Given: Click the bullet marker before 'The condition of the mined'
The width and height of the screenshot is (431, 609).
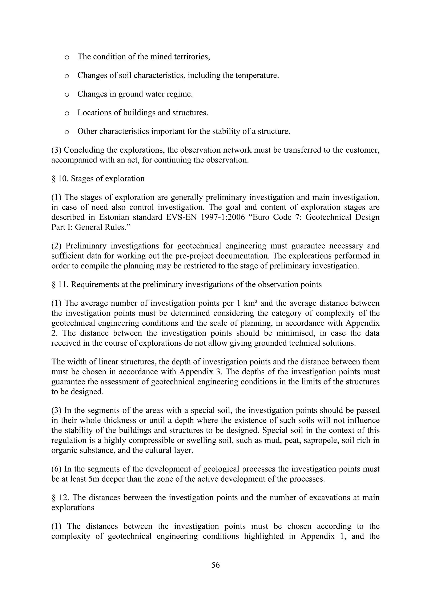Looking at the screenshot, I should click(67, 58).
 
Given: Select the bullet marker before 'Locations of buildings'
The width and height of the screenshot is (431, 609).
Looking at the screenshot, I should click(67, 114).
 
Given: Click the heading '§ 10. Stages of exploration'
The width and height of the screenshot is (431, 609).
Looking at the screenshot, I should click(98, 178).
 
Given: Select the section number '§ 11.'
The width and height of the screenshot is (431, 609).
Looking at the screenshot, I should click(60, 284).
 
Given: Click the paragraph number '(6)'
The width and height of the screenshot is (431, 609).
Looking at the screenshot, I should click(57, 469).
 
